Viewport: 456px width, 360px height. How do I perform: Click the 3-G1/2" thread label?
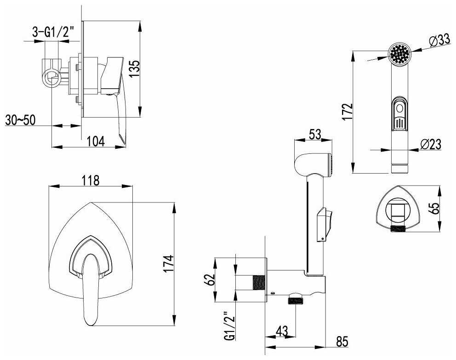tap(53, 32)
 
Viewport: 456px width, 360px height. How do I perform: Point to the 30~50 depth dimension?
tap(20, 120)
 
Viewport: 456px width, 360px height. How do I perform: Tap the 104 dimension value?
tap(96, 141)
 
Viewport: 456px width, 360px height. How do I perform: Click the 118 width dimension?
tap(90, 180)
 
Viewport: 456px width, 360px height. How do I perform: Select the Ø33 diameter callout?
tap(440, 41)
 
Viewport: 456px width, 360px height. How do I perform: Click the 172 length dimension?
tap(347, 111)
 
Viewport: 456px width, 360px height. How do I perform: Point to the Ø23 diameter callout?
tap(431, 144)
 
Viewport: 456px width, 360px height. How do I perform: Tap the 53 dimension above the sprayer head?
tap(315, 135)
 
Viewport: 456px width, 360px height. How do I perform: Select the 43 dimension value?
tap(281, 331)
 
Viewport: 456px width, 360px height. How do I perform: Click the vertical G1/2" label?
tap(229, 326)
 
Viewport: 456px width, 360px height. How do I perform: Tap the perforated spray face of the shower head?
tap(399, 54)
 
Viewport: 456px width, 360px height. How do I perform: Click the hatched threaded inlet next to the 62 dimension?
tap(259, 282)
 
